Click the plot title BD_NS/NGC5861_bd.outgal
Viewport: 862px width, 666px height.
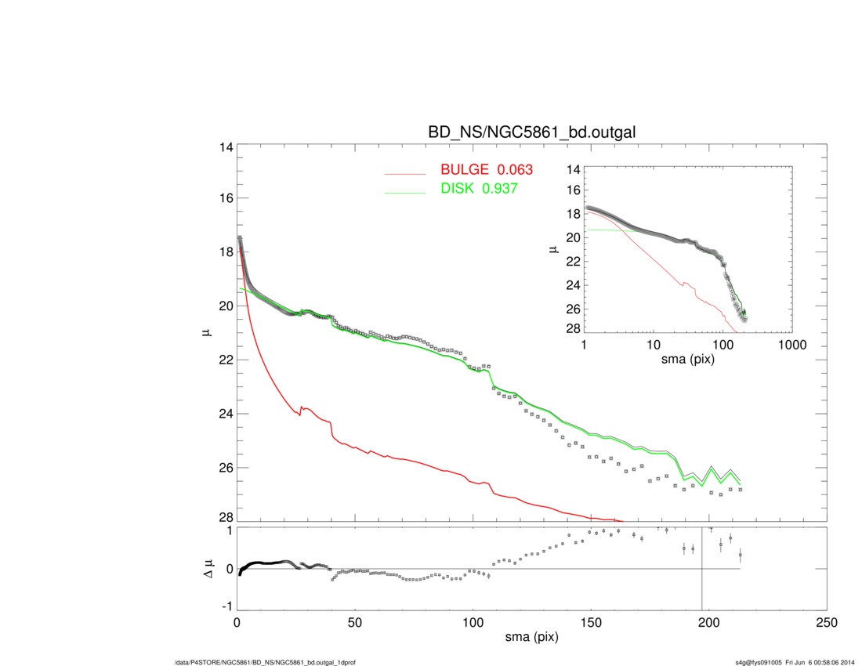click(x=531, y=133)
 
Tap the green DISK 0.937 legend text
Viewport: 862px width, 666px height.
click(x=479, y=190)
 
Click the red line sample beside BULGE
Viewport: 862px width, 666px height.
click(x=407, y=172)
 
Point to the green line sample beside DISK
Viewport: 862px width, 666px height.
click(x=407, y=191)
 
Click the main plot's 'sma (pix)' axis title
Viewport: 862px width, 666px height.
click(x=531, y=638)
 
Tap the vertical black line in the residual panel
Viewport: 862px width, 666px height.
click(x=702, y=580)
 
